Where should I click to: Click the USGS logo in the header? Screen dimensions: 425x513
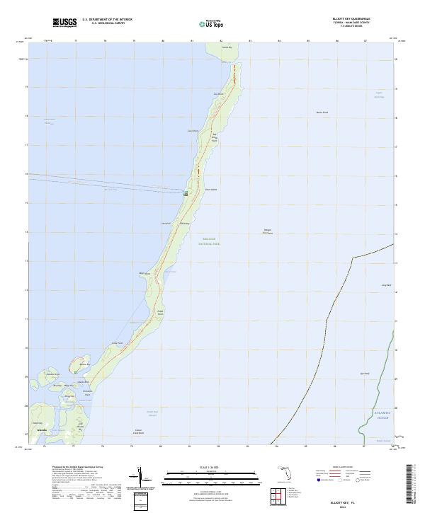pos(64,23)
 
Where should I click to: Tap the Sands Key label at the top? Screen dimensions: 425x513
pos(226,48)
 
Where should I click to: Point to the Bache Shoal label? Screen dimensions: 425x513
pos(322,113)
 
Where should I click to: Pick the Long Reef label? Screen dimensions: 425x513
pos(386,285)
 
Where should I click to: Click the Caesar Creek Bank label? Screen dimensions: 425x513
pos(138,431)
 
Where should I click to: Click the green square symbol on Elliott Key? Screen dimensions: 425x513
pos(186,192)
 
